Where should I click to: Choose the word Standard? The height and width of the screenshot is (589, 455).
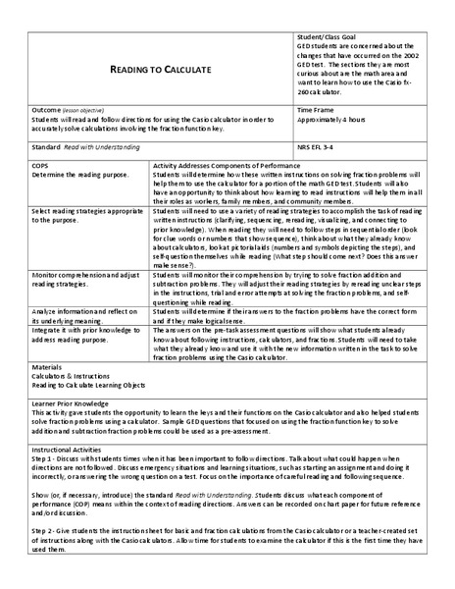click(x=45, y=145)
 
